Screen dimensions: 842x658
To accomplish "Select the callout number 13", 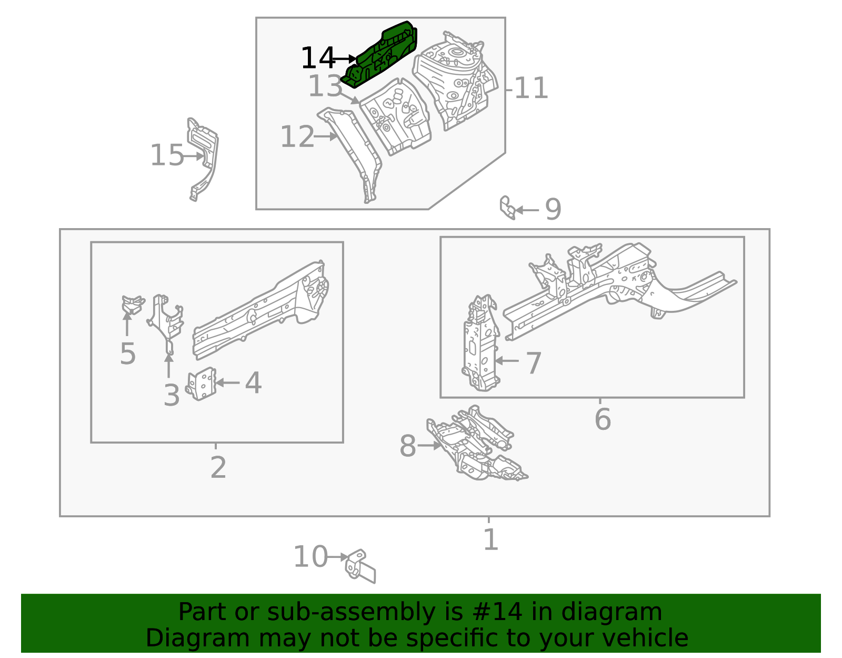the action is click(325, 86).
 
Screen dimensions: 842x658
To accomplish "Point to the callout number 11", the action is click(531, 89).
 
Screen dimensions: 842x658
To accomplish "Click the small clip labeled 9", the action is click(507, 208).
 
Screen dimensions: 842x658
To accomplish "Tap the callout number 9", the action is click(553, 209).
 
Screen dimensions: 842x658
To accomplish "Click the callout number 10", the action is click(310, 557).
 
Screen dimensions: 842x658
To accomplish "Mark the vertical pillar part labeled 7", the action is click(480, 343).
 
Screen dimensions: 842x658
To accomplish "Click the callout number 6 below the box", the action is click(603, 419).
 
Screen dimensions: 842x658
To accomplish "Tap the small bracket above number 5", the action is click(133, 305).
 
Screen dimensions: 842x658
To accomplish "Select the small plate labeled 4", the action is click(201, 384).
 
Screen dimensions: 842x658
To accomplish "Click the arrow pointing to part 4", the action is click(227, 382).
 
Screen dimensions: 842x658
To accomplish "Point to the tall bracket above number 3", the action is click(166, 324).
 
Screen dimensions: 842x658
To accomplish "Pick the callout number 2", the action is click(218, 467).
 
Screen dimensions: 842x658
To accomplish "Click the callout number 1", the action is click(490, 539).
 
